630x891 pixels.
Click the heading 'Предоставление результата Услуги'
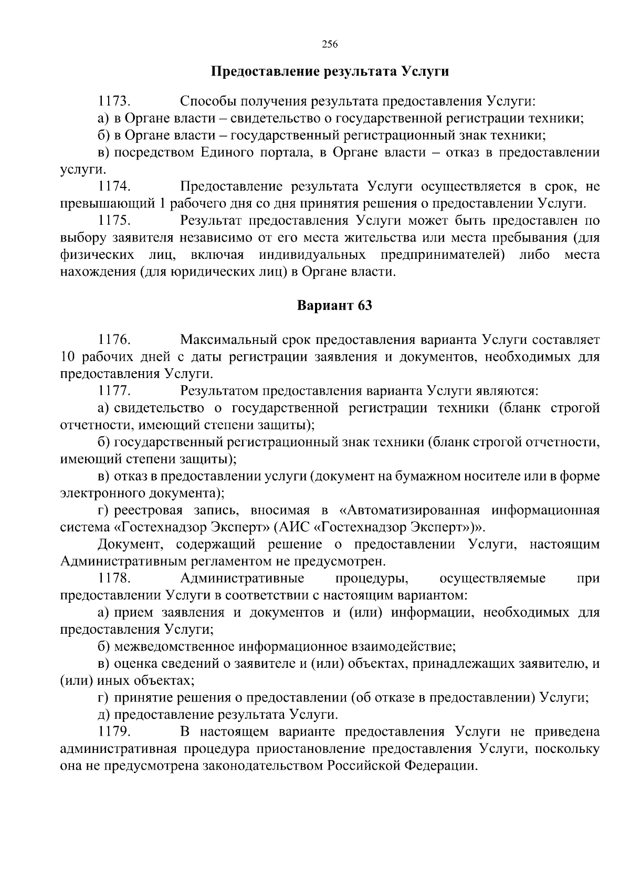click(x=330, y=71)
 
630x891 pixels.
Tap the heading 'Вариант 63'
click(x=334, y=306)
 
